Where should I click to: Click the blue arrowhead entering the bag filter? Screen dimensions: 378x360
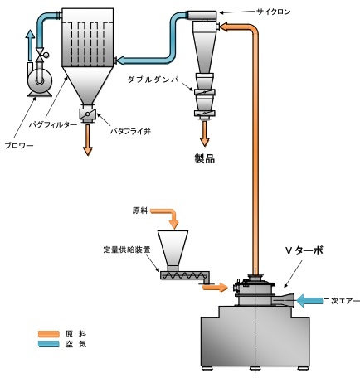click(x=120, y=60)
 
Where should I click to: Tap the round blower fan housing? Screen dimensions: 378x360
click(x=37, y=80)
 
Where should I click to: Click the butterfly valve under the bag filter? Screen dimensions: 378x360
click(x=85, y=114)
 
